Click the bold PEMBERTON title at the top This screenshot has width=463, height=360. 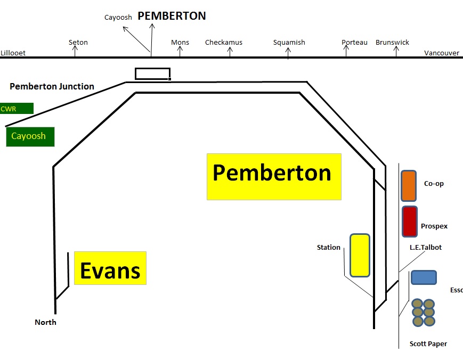[172, 16]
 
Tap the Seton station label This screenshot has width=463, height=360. [78, 42]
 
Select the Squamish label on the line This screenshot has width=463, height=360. [289, 43]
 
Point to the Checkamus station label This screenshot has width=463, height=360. [224, 42]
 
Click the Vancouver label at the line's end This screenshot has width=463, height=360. [442, 53]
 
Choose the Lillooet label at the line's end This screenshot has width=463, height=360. [13, 53]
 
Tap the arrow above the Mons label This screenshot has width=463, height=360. [180, 51]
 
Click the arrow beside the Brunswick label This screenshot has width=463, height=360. [396, 51]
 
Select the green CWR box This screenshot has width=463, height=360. [17, 108]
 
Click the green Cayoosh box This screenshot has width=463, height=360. [30, 137]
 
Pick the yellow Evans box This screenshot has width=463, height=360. [110, 268]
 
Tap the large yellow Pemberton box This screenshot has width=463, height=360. [274, 177]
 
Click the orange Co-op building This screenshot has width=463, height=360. [409, 186]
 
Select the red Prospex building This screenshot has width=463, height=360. [410, 222]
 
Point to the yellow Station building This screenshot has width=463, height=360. [360, 255]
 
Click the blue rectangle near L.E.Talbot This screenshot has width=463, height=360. [424, 277]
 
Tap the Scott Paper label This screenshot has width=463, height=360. [428, 344]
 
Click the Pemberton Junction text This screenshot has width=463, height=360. [52, 86]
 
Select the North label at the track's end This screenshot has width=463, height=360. [45, 322]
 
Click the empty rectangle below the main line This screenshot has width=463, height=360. [153, 69]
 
